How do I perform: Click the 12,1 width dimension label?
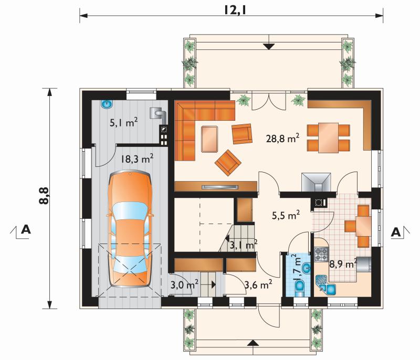tap(235, 10)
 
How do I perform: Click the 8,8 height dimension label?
tap(44, 196)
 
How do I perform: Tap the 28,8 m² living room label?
tap(282, 139)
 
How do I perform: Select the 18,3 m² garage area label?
tap(136, 158)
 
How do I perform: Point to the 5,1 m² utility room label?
tap(124, 123)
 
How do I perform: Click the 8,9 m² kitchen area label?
tap(343, 264)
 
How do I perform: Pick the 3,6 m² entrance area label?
tap(258, 284)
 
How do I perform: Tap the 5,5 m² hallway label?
tap(286, 215)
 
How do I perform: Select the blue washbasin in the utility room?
tap(107, 104)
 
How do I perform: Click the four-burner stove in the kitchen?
tap(321, 255)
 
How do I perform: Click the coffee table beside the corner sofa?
tap(209, 139)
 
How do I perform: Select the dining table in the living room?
tap(328, 137)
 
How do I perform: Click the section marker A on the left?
tap(26, 229)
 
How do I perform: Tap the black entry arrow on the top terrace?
tap(269, 47)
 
